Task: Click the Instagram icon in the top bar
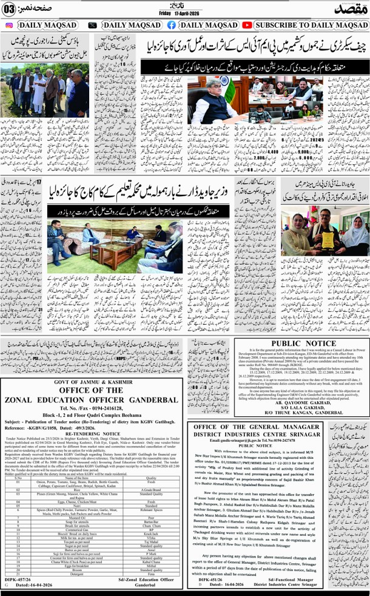pos(8,25)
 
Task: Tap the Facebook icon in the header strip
pos(172,25)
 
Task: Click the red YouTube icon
pos(247,25)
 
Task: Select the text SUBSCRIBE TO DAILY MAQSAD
pos(308,25)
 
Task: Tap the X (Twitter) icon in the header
pos(92,25)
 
